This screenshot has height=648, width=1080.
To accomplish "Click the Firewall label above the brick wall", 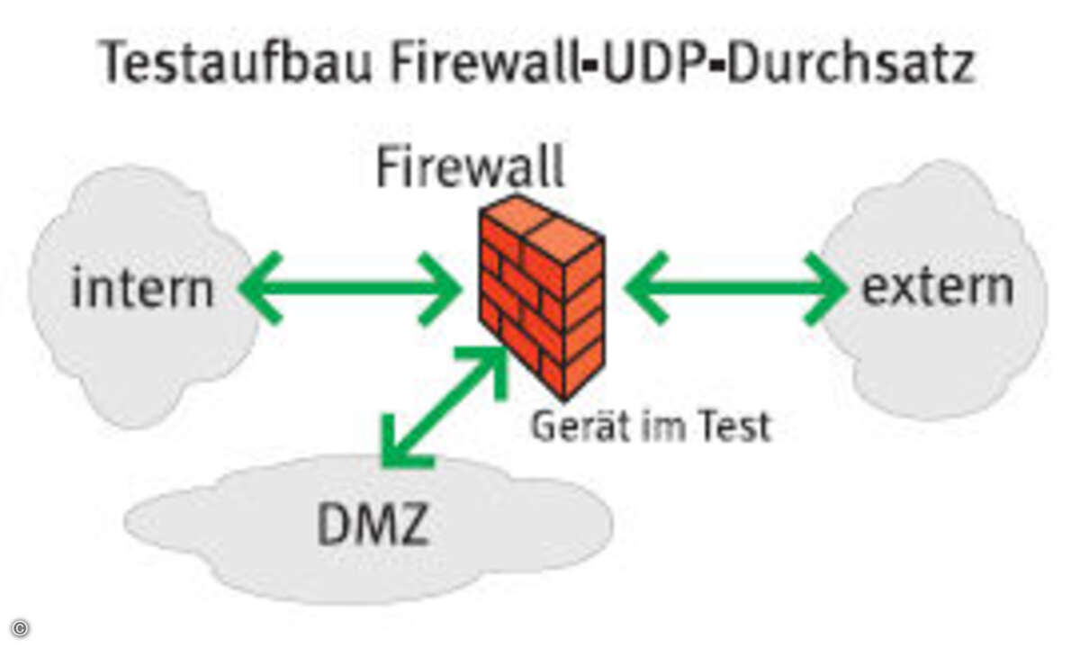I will [470, 167].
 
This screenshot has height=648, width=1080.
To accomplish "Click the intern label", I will [142, 290].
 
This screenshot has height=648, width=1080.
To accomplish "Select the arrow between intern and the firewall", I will [350, 289].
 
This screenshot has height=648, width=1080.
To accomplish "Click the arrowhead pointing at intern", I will [259, 289].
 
